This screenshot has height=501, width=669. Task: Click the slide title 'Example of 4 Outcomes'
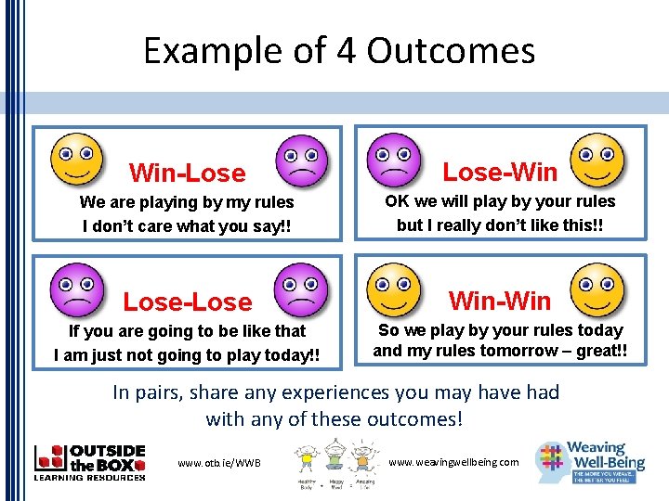(x=339, y=50)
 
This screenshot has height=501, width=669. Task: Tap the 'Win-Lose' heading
(x=188, y=173)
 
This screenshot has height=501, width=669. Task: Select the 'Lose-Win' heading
(x=500, y=172)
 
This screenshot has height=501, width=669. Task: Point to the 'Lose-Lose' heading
(x=188, y=302)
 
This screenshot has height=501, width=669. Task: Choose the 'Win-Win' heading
(x=500, y=301)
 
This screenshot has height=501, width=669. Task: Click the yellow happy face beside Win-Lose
(x=75, y=159)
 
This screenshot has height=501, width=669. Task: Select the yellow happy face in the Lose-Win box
(x=597, y=158)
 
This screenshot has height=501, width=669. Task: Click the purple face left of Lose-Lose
(x=75, y=289)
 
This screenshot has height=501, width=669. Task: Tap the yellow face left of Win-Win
(x=394, y=288)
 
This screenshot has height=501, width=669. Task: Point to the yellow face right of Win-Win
(x=597, y=288)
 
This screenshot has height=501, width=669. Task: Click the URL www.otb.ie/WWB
(x=219, y=463)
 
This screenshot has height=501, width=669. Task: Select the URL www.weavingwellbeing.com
(x=453, y=462)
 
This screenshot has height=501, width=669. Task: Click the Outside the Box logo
(x=89, y=462)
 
